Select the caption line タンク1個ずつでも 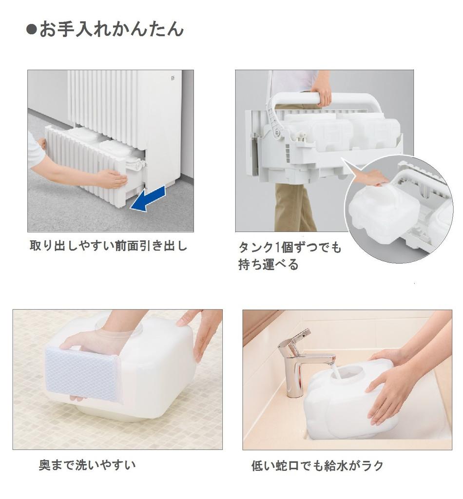pyautogui.click(x=289, y=248)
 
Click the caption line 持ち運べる pyautogui.click(x=268, y=265)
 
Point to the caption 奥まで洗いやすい pyautogui.click(x=87, y=465)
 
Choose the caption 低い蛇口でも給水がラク pyautogui.click(x=317, y=466)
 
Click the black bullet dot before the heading pyautogui.click(x=32, y=30)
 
